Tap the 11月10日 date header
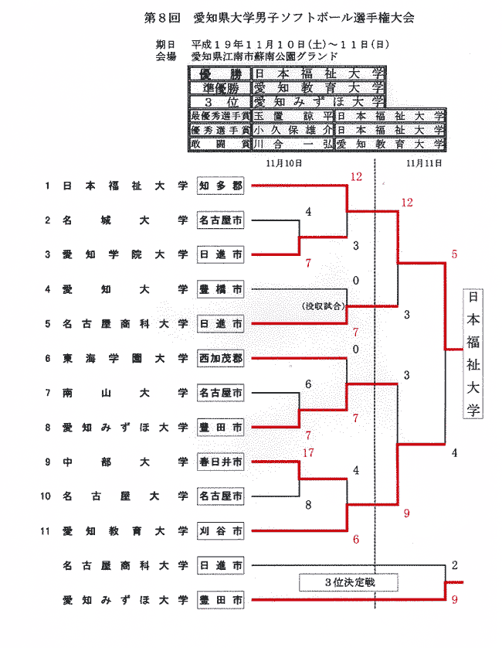(x=283, y=164)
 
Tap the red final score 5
(x=455, y=254)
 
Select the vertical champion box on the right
(x=472, y=353)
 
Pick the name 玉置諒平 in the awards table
(x=293, y=116)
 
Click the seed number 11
(x=47, y=531)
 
